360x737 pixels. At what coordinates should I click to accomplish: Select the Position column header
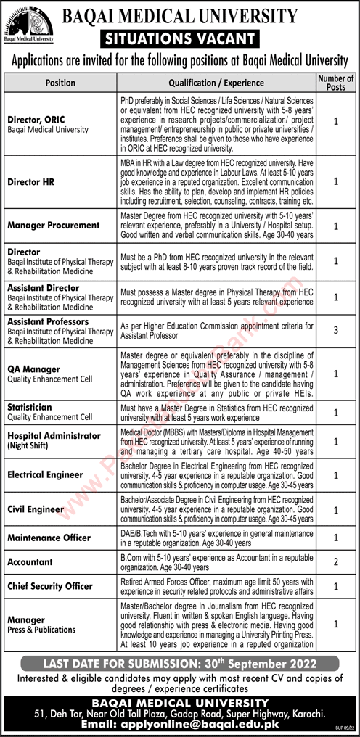60,83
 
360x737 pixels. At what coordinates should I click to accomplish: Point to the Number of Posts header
336,83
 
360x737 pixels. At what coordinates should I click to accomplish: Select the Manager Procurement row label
54,225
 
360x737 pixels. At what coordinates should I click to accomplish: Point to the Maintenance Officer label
49,538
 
